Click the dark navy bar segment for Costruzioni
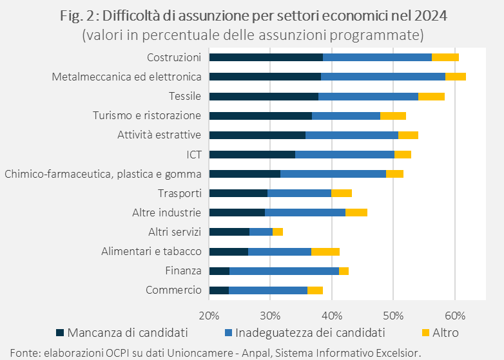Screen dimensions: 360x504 tap(266, 57)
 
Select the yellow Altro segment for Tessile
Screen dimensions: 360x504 tap(431, 97)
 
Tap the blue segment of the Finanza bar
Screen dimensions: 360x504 tap(284, 271)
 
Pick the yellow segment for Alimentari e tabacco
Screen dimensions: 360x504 tap(325, 252)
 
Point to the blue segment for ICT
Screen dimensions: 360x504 tap(344, 155)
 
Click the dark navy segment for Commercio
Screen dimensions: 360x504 tap(219, 290)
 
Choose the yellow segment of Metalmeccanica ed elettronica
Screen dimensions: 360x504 tap(456, 77)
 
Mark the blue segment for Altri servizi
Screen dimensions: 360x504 tap(261, 232)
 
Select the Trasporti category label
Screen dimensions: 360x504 tap(180, 193)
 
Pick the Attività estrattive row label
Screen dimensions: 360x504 tap(159, 135)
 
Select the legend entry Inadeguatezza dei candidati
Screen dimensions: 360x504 tap(309, 333)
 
